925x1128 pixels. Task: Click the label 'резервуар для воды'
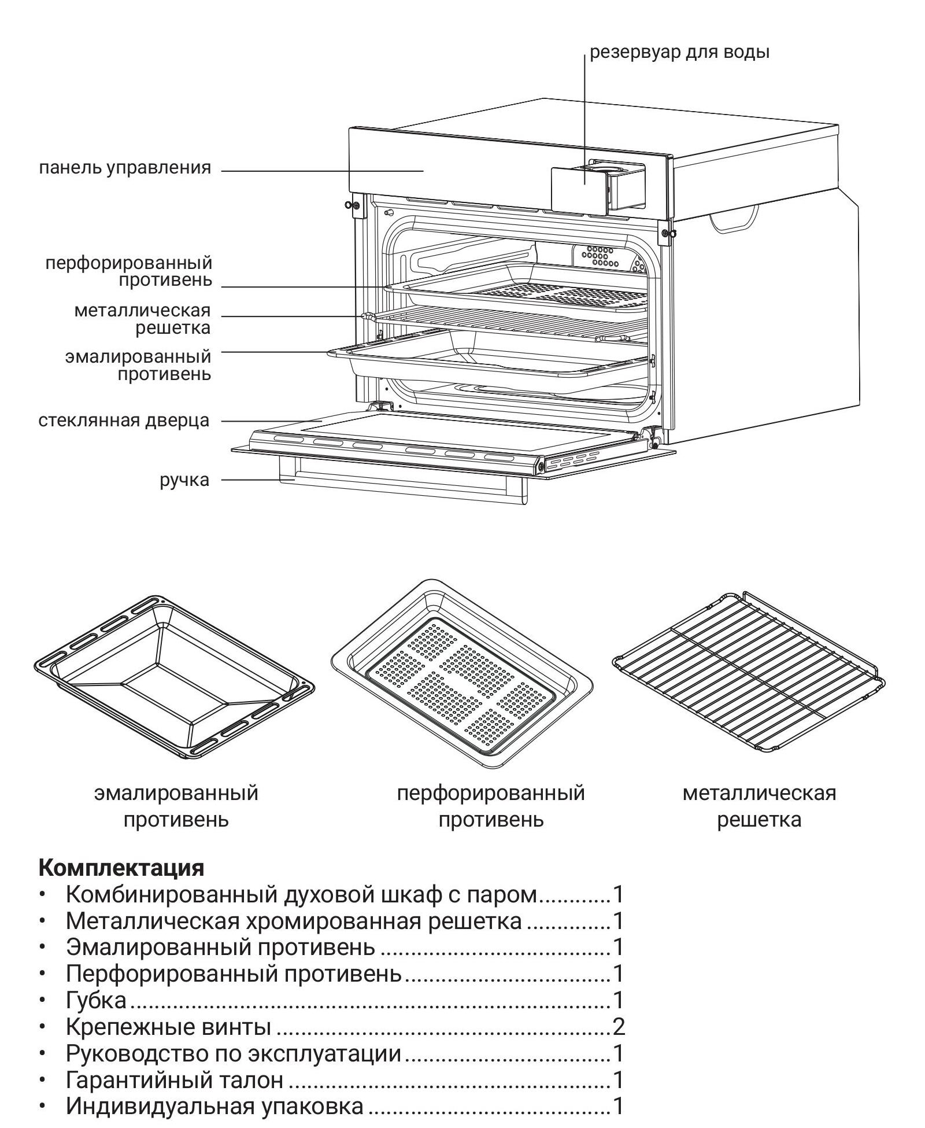[x=679, y=53]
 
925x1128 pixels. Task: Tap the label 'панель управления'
[x=125, y=168]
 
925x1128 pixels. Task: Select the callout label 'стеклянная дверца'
[x=124, y=421]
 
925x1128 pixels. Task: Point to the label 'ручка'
[x=184, y=480]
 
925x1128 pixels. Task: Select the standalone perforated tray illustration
[x=462, y=674]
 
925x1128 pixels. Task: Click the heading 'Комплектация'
[x=121, y=868]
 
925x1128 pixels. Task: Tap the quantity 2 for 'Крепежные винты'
[x=619, y=1027]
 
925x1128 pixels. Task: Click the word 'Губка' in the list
[x=96, y=1000]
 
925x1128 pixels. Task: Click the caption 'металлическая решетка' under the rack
[x=759, y=806]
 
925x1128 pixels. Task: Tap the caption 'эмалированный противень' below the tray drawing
[x=176, y=806]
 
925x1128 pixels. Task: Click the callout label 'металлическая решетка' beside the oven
[x=142, y=319]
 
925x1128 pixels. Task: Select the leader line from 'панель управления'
[x=321, y=171]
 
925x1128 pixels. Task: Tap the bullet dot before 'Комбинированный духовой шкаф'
[x=42, y=894]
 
